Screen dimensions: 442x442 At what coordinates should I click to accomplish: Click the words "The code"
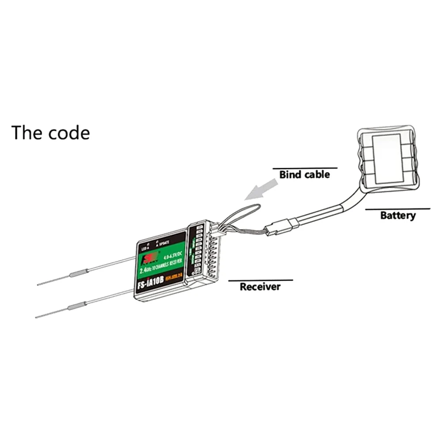[50, 132]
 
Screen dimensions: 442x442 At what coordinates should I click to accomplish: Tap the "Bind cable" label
[304, 175]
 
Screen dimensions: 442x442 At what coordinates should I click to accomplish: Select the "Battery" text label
[397, 215]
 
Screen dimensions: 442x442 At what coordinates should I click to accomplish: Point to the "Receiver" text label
[260, 287]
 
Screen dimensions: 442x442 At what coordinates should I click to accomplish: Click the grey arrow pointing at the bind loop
[261, 189]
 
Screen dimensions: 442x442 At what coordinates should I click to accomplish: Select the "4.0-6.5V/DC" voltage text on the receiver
[171, 255]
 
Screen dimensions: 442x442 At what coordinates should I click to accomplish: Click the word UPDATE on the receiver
[165, 246]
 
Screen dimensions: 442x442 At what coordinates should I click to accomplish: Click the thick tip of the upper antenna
[76, 274]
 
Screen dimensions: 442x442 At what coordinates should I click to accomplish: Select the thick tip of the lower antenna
[76, 306]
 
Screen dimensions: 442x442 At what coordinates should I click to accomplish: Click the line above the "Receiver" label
[260, 280]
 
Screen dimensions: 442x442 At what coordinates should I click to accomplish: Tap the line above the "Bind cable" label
[305, 168]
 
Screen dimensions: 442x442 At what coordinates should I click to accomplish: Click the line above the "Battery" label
[397, 209]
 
